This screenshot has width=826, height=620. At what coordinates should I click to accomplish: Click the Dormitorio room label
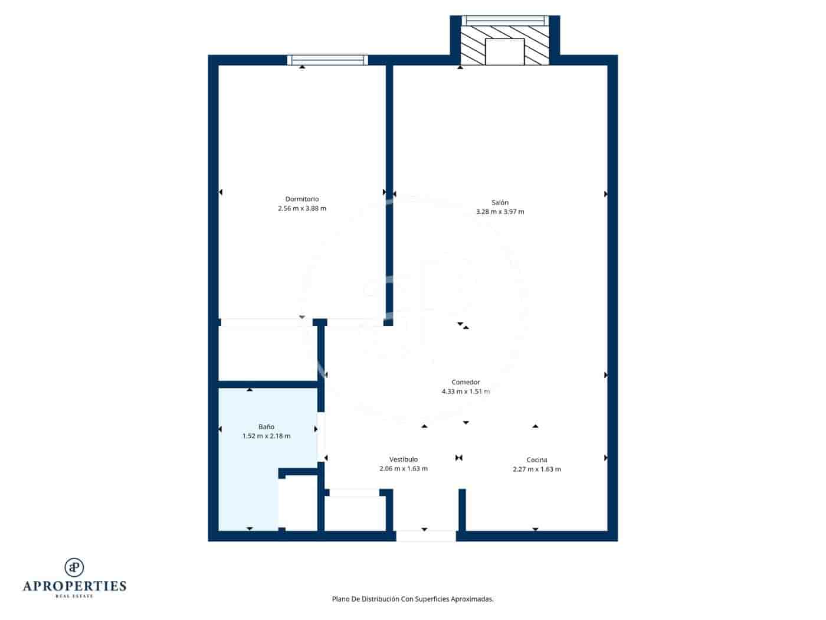pos(301,199)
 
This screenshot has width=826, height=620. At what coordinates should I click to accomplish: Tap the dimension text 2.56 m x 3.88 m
pos(301,208)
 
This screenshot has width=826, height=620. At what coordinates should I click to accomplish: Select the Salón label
pos(500,203)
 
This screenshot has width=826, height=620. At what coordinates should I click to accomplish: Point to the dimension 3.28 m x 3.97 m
pos(500,212)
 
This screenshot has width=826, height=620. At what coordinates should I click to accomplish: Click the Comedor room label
pos(466,382)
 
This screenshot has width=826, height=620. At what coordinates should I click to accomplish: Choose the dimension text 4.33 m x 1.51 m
pos(466,391)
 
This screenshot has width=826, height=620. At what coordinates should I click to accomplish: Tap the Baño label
pos(266,426)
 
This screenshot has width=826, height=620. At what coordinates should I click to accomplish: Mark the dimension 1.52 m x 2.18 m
pos(266,436)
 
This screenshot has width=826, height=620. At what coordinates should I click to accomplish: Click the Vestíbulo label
pos(404,459)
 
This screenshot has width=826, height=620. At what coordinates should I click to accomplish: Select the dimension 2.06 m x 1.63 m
pos(404,469)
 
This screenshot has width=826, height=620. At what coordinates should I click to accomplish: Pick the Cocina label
pos(537,460)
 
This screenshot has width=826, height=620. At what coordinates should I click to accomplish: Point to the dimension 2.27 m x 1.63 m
pos(537,469)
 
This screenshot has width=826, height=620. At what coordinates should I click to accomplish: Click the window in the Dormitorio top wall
pos(327,60)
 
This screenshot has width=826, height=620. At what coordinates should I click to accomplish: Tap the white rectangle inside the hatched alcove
pos(504,51)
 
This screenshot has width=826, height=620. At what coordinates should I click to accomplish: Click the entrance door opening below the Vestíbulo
pos(425,536)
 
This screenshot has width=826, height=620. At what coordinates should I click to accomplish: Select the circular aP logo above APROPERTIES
pos(74,567)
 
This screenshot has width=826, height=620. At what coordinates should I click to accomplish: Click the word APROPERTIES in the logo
pos(74,586)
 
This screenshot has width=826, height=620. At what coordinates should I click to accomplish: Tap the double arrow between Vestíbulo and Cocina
pos(459,458)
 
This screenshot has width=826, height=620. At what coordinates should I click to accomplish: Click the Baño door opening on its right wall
pos(320,436)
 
